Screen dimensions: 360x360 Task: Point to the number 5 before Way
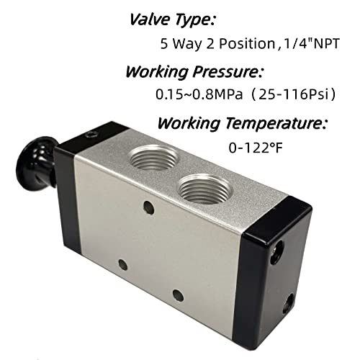(165, 44)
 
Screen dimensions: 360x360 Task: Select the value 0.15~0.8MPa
(192, 95)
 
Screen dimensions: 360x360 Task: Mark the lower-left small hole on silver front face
(123, 264)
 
